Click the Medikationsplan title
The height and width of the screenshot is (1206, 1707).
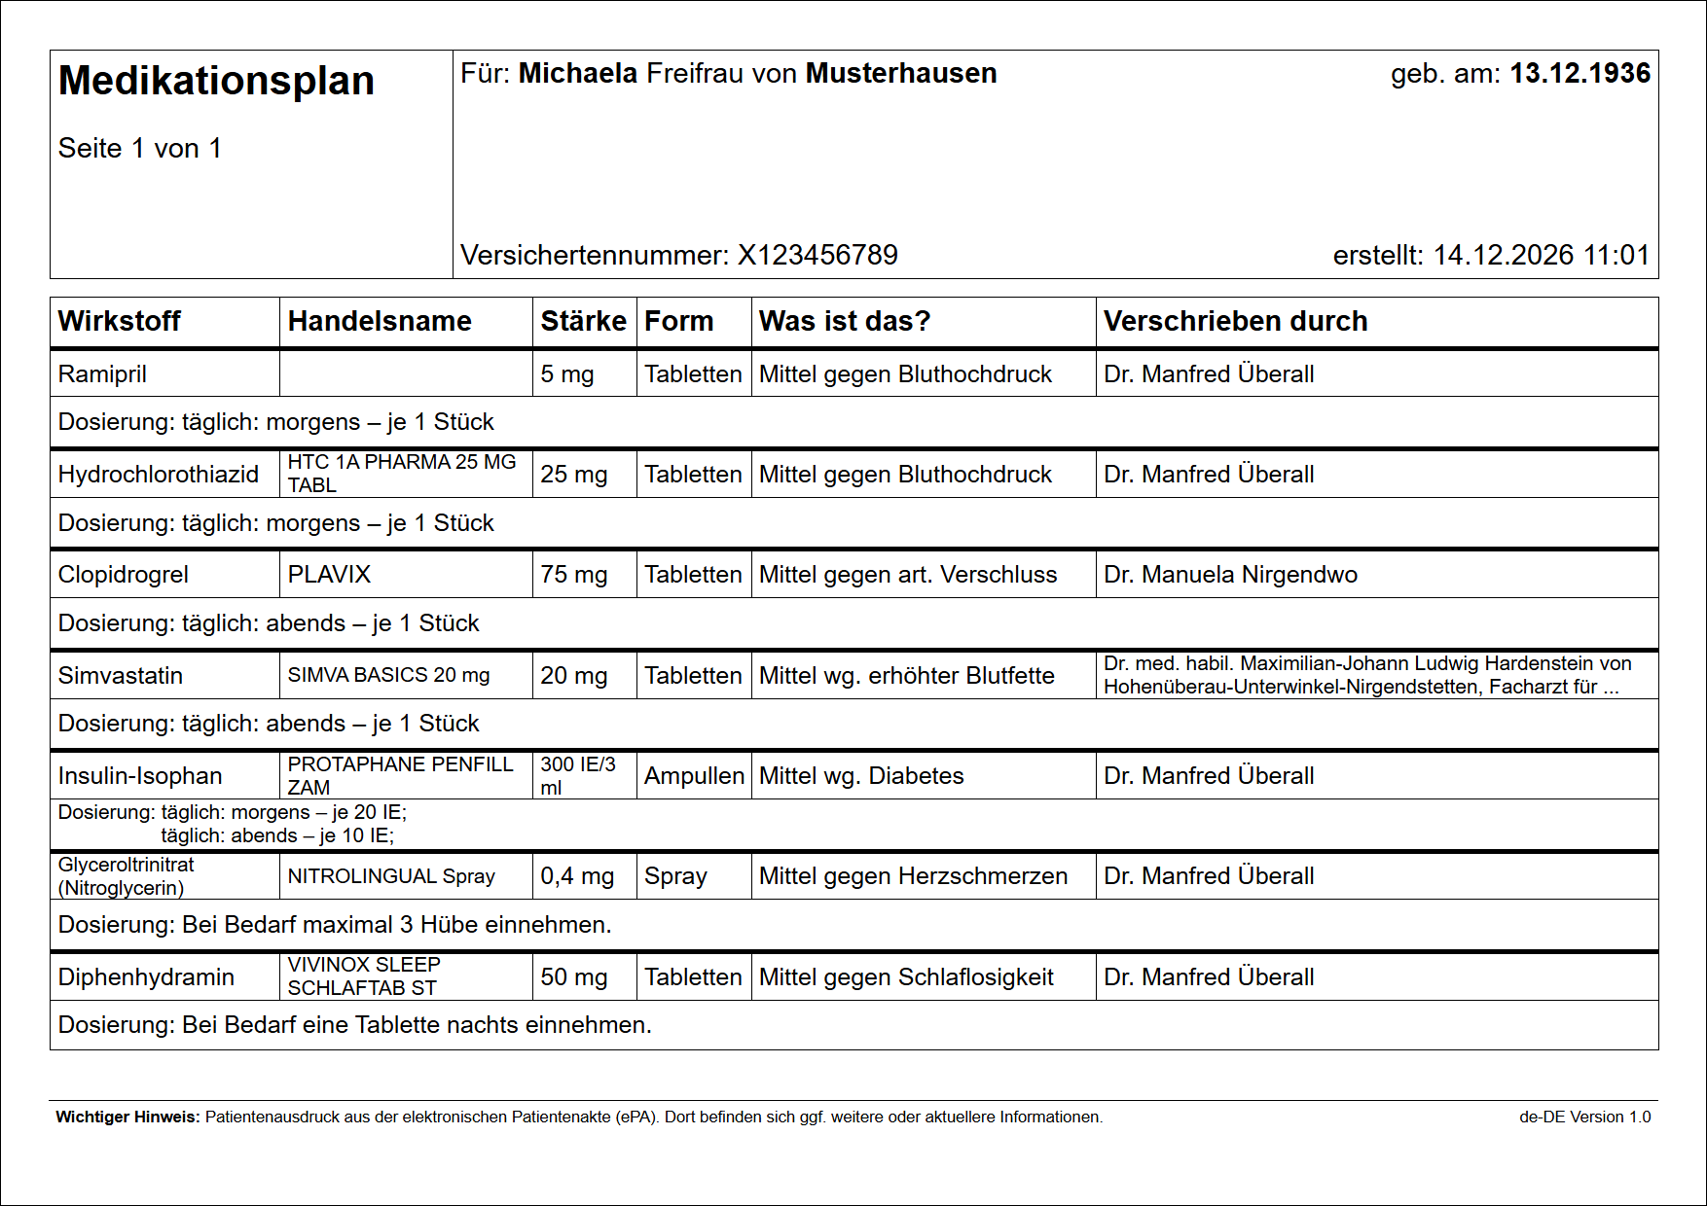point(216,81)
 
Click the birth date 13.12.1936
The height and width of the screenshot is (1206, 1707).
point(1580,74)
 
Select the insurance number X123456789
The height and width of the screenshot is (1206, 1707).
point(817,255)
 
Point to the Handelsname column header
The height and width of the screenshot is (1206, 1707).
point(380,321)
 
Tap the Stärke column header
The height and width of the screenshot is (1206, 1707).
point(583,321)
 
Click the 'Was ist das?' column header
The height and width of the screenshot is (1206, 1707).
point(845,321)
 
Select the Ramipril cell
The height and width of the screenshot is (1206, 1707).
point(102,374)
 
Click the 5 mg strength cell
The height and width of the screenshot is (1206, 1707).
point(567,374)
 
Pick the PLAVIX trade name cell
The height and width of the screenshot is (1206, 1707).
point(329,575)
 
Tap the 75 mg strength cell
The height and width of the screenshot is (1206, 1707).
point(573,575)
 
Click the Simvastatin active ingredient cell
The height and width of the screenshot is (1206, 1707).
point(121,676)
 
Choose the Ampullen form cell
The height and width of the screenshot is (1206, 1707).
point(694,776)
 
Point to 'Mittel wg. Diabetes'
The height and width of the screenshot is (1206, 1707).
point(861,776)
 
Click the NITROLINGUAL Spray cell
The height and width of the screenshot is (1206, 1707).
point(391,876)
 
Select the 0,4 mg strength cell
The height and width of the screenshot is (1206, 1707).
point(577,876)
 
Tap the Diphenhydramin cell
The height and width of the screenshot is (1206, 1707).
point(146,977)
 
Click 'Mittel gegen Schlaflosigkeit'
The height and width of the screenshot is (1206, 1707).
point(906,977)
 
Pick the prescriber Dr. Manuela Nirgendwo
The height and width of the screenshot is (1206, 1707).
point(1230,575)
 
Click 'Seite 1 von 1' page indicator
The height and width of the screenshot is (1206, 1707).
point(140,149)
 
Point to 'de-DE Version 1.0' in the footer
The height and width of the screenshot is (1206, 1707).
point(1584,1117)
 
